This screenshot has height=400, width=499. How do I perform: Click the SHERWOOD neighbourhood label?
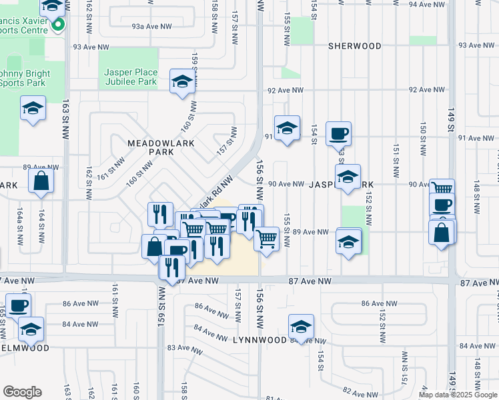point(355,46)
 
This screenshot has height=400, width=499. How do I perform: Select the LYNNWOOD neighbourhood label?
point(260,340)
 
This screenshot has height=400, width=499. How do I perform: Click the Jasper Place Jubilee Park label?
point(131,77)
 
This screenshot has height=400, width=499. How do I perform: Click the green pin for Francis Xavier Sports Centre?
point(58,26)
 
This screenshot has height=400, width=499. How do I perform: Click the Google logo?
point(22,392)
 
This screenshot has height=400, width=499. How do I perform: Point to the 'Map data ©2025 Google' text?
point(457,395)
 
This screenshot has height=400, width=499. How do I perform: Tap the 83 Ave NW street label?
point(181,348)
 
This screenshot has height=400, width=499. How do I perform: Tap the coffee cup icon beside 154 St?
point(338,133)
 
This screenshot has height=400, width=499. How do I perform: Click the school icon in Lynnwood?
point(301,327)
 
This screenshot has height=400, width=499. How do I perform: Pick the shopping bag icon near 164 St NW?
point(41,181)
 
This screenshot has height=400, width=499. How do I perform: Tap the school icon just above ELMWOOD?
point(31,329)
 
